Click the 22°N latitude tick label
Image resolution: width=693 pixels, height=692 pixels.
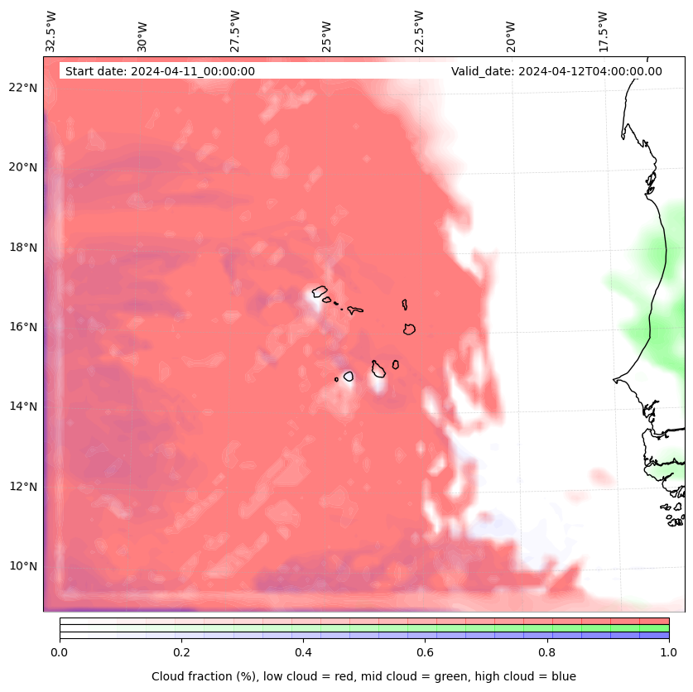point(23,88)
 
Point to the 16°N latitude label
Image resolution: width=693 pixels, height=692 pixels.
point(23,327)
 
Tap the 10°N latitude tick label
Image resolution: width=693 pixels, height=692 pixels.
point(23,566)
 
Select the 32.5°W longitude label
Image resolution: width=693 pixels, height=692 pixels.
point(51,31)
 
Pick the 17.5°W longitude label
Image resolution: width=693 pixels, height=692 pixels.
point(603,31)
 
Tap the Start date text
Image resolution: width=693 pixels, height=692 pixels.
point(160,71)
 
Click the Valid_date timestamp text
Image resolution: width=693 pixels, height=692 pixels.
point(556,71)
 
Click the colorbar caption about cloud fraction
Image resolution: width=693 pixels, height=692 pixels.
point(363,676)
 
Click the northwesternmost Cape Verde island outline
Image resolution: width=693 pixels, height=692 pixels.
point(320,291)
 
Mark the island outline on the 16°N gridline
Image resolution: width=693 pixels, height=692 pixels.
point(409,329)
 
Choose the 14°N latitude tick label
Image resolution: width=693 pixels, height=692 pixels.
point(23,406)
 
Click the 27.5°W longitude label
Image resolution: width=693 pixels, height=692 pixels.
point(235,31)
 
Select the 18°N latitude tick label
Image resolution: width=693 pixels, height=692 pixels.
point(23,247)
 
